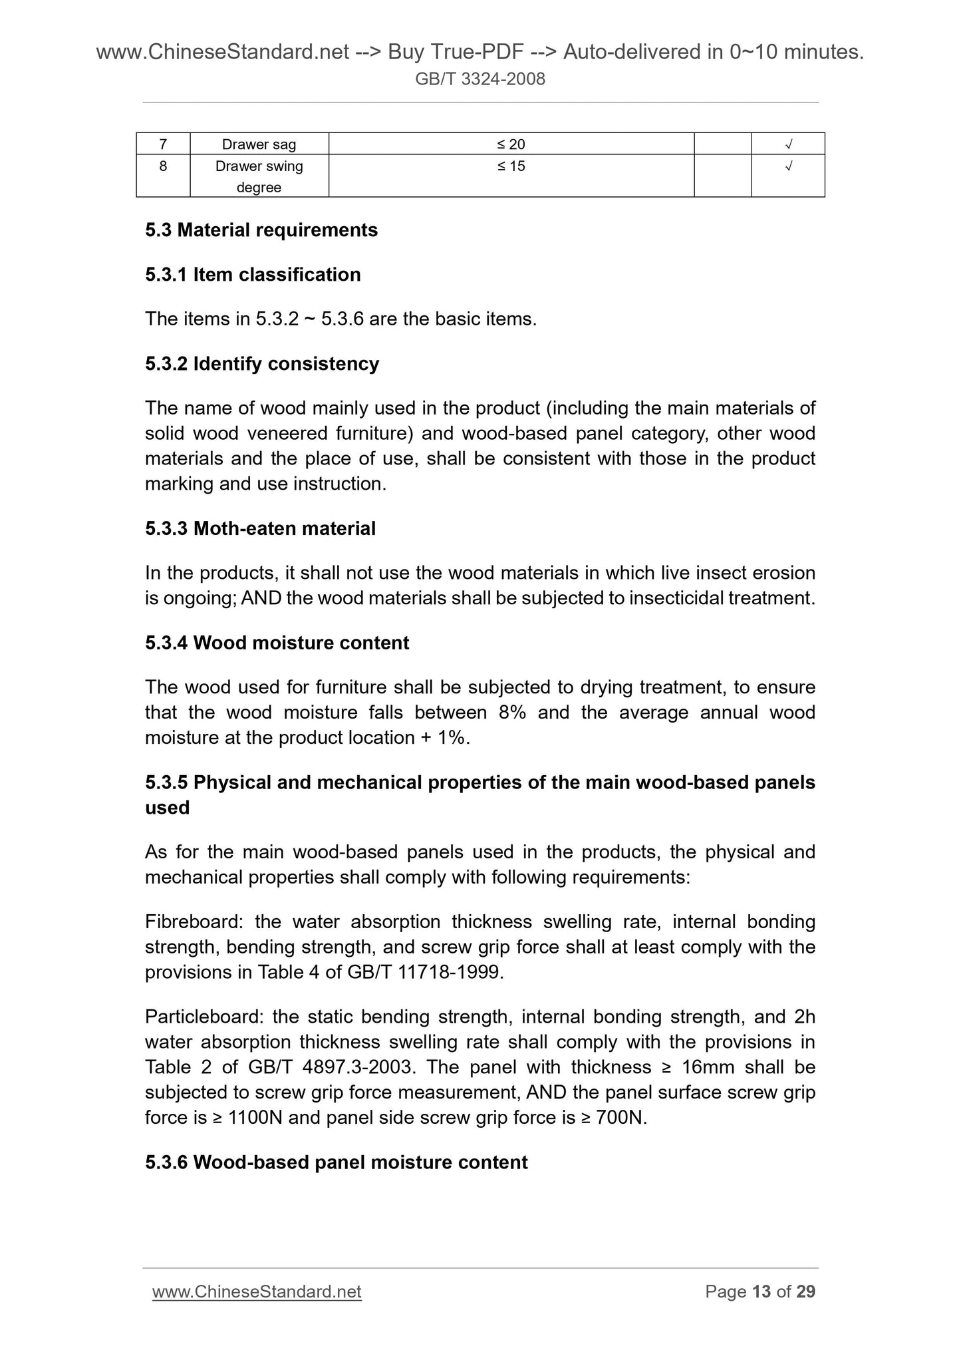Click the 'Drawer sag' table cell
tap(259, 144)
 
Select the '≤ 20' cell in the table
tap(511, 144)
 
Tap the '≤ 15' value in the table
tap(511, 166)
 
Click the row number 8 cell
tap(163, 166)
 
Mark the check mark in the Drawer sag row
tap(788, 144)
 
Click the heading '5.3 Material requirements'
tap(261, 230)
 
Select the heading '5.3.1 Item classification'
tap(253, 275)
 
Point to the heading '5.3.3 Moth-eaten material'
tap(260, 529)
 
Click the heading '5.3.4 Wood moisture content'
tap(277, 643)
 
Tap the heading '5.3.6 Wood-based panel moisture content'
tap(336, 1162)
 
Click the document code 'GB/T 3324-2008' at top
tap(480, 79)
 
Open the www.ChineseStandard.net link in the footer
tap(257, 1291)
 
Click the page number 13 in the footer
tap(761, 1291)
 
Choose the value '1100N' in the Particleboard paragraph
tap(255, 1118)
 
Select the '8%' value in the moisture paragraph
tap(512, 713)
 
